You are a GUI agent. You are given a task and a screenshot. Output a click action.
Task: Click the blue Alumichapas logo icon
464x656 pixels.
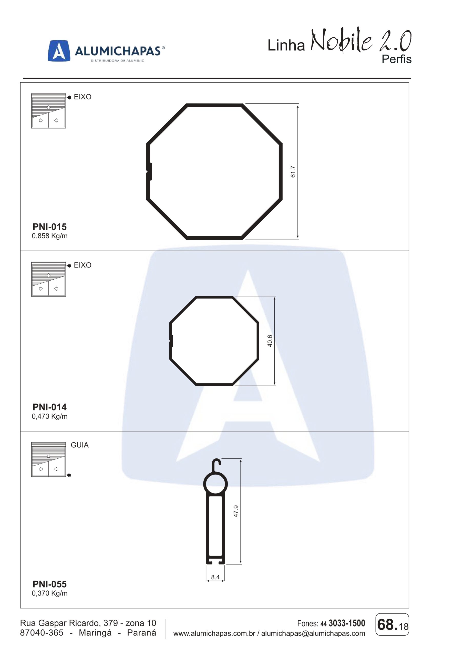click(59, 50)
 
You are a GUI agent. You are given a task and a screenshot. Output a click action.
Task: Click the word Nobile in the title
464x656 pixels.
click(342, 40)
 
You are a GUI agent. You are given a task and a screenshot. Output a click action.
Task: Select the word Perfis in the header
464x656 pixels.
click(397, 59)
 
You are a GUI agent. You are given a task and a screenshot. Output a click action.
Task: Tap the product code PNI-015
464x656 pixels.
click(49, 227)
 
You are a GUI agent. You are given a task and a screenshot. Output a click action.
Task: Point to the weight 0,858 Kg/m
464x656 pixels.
click(49, 236)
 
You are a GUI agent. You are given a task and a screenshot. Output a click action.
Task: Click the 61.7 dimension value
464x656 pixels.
click(293, 172)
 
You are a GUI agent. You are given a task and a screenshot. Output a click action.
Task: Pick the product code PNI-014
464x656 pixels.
click(49, 407)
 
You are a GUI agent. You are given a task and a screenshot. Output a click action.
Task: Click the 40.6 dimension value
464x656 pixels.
click(270, 341)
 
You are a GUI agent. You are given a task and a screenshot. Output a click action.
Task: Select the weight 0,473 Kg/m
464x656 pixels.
click(49, 416)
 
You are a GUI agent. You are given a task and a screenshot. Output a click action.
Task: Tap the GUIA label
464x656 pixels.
click(80, 445)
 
